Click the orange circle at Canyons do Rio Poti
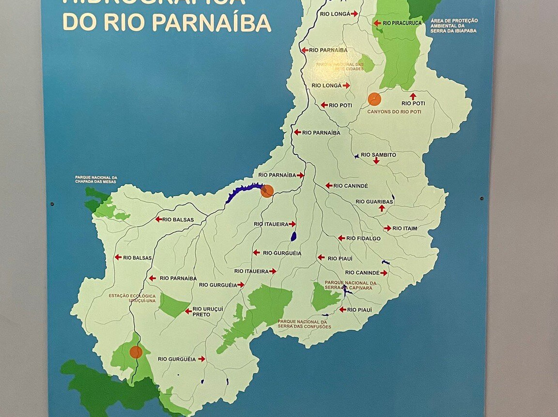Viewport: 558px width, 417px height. pyautogui.click(x=375, y=99)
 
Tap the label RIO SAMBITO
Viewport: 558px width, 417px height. pyautogui.click(x=378, y=155)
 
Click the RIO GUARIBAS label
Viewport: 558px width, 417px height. pyautogui.click(x=375, y=202)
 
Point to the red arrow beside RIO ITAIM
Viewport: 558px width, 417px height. pyautogui.click(x=388, y=228)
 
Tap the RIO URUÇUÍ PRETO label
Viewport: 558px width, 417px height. pyautogui.click(x=201, y=312)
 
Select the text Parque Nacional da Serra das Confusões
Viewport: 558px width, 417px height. pyautogui.click(x=304, y=324)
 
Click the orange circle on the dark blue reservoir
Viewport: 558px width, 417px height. pyautogui.click(x=267, y=191)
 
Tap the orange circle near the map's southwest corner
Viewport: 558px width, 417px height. pyautogui.click(x=136, y=352)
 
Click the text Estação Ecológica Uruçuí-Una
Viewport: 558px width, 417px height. pyautogui.click(x=132, y=298)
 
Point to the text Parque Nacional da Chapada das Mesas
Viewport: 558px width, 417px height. pyautogui.click(x=96, y=180)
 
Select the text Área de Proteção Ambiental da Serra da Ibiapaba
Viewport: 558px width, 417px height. pyautogui.click(x=454, y=26)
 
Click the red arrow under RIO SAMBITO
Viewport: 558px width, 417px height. pyautogui.click(x=376, y=162)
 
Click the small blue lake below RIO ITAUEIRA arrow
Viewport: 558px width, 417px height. pyautogui.click(x=293, y=236)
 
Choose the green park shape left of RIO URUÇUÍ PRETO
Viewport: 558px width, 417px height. pyautogui.click(x=173, y=305)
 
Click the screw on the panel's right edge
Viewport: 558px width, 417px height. pyautogui.click(x=482, y=199)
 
